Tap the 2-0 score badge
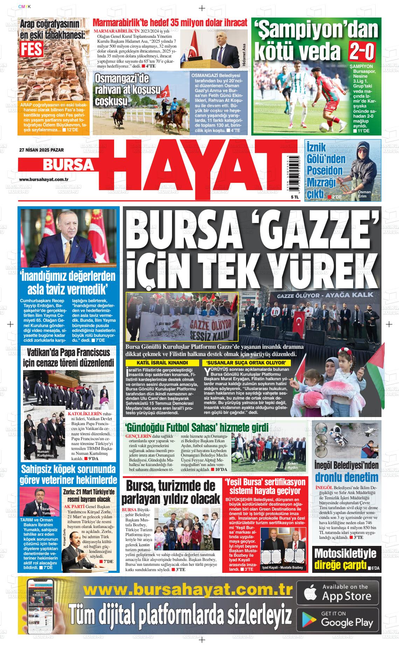(362, 51)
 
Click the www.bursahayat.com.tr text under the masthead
(43, 179)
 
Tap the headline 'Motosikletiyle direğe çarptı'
(345, 559)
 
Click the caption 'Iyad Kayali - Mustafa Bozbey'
(283, 568)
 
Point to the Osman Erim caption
(364, 194)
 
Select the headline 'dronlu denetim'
(346, 477)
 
